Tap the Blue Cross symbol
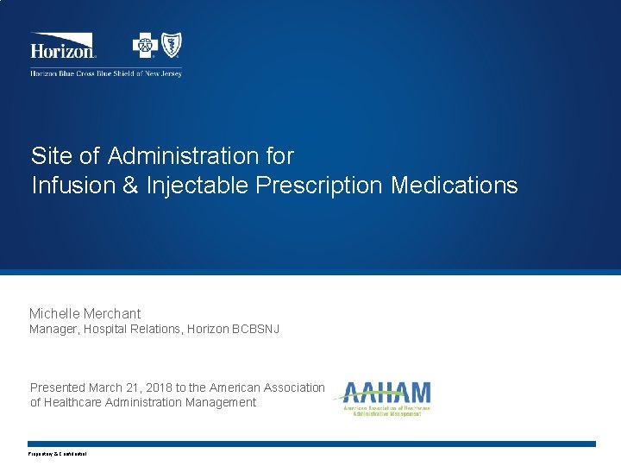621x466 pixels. [144, 44]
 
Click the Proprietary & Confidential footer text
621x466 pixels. [58, 454]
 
